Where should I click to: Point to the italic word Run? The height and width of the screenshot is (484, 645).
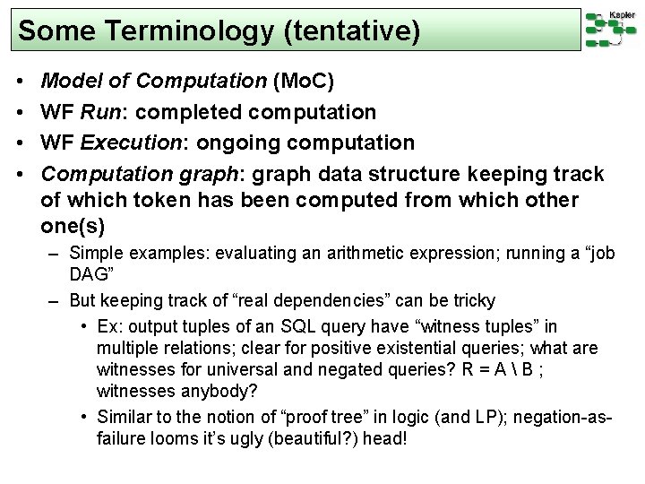click(100, 114)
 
